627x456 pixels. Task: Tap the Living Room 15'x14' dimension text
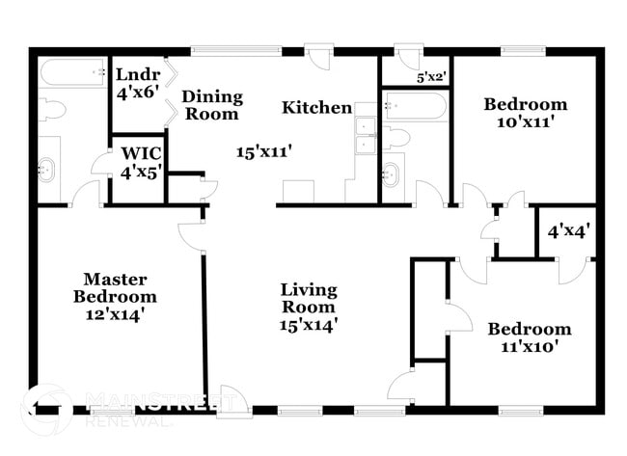tap(309, 325)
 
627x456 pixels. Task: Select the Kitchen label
tap(316, 107)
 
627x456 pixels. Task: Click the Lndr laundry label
tap(134, 74)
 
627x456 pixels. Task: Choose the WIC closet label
tap(141, 154)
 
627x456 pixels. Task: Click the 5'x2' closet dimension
tap(431, 76)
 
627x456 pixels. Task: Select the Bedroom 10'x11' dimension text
tap(525, 122)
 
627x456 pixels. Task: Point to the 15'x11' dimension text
tap(263, 150)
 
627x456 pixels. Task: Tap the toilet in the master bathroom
tap(52, 109)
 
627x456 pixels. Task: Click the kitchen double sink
tap(366, 136)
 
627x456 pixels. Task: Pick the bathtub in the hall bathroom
tap(415, 105)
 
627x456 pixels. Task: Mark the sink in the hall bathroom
tap(392, 174)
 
